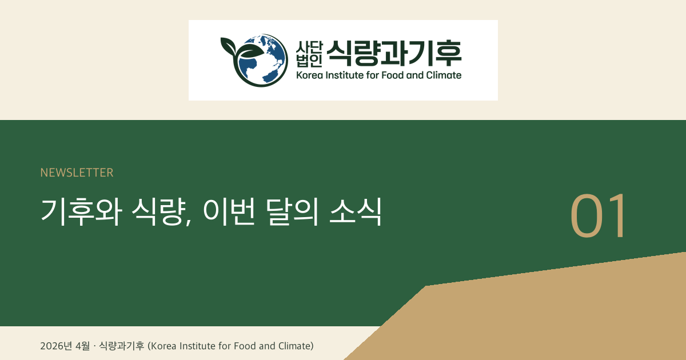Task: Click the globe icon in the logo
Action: click(261, 60)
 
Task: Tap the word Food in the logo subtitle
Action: click(400, 75)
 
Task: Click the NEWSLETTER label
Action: click(77, 173)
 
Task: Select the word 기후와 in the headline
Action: click(79, 211)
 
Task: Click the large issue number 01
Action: click(599, 217)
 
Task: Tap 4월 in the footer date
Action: click(83, 346)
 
